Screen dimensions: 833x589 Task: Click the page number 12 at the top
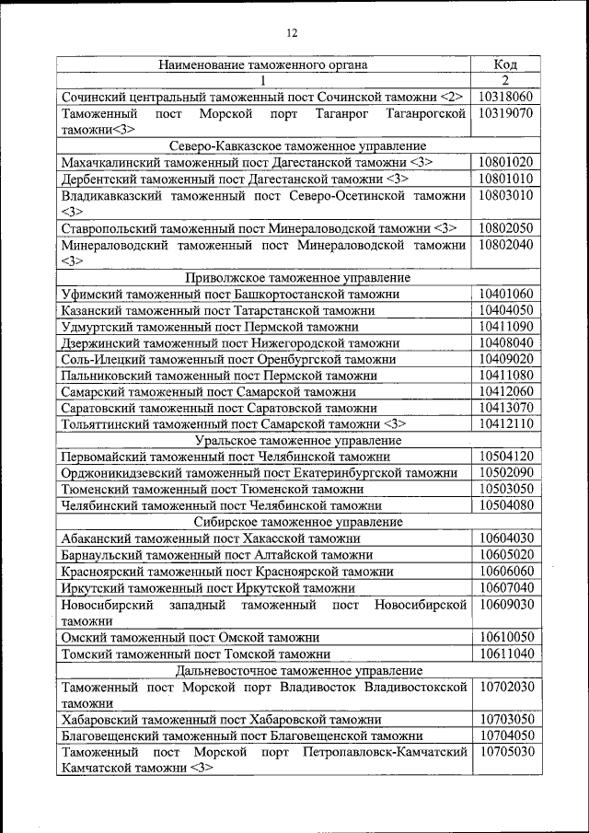tap(293, 33)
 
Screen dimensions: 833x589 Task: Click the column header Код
tap(505, 64)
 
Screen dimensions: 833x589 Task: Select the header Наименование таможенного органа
tap(263, 64)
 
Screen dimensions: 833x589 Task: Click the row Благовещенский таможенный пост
tap(242, 735)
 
